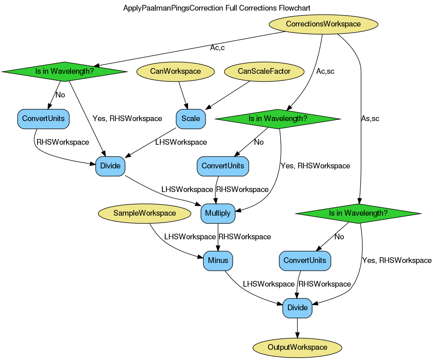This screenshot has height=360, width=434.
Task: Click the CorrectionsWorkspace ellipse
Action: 323,24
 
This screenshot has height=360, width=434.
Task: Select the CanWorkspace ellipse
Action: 175,71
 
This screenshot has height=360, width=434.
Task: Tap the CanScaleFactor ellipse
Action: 264,71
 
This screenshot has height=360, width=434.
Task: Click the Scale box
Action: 190,119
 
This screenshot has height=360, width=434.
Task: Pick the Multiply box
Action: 218,213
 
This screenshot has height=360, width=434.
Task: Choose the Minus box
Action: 218,261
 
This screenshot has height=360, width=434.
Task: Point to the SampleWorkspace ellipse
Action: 144,213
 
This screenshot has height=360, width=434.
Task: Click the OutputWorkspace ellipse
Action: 297,347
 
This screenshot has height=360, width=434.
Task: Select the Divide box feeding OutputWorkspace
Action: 297,308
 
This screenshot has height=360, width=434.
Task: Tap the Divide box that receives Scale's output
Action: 110,166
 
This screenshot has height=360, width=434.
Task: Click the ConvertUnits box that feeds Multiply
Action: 223,166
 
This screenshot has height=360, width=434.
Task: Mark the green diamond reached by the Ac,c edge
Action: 64,71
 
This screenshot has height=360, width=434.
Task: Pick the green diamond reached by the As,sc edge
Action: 358,213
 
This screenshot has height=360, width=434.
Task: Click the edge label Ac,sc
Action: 325,71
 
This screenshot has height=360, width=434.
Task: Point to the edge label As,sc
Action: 370,119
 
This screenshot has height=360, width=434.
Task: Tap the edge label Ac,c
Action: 217,48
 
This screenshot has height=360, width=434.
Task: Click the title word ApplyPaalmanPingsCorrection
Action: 173,8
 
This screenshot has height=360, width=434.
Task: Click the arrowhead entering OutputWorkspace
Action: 297,336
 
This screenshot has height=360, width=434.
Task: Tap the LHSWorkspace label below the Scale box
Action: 181,142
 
